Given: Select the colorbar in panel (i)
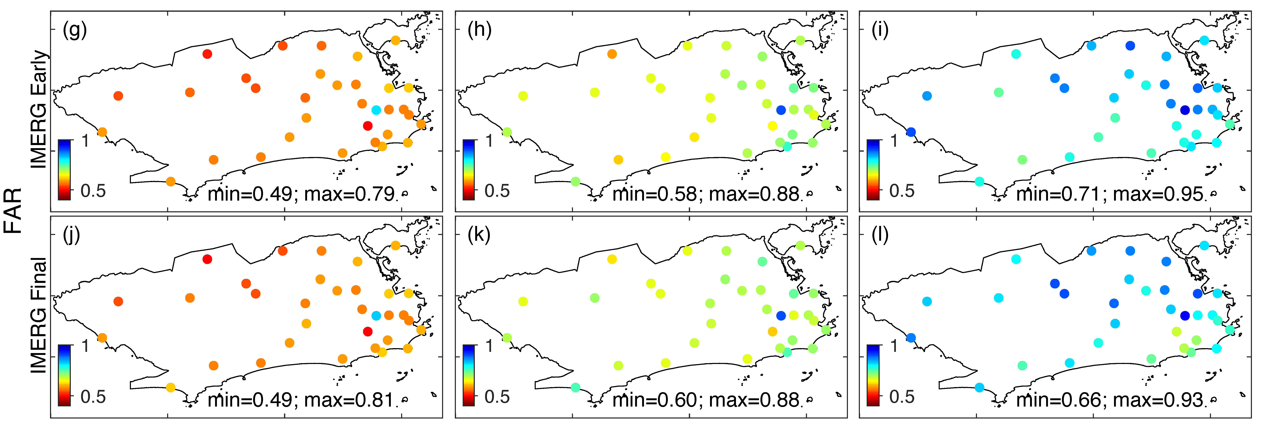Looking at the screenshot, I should (x=873, y=169).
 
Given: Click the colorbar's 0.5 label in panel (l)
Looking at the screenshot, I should (x=901, y=396).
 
